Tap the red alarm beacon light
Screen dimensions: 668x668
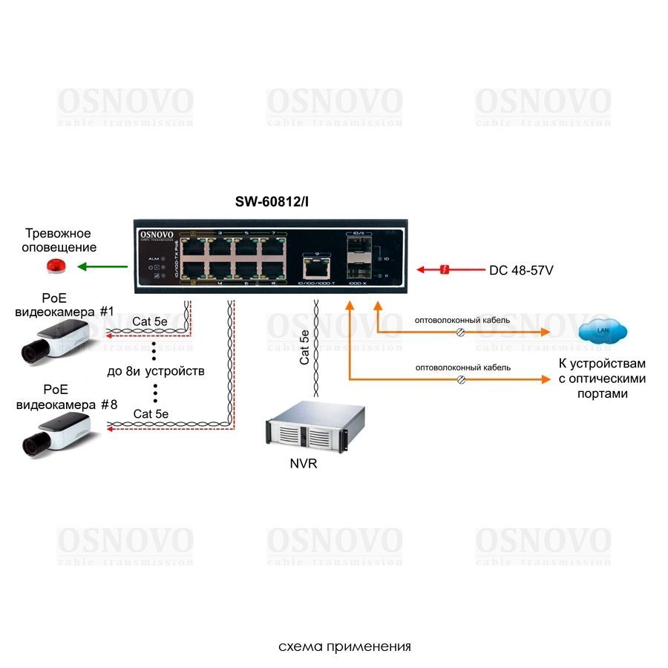coord(56,266)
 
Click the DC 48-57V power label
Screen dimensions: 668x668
coord(521,270)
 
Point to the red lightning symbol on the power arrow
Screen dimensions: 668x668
coord(444,269)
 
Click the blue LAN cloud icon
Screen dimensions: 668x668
coord(602,332)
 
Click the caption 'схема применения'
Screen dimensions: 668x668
coord(344,646)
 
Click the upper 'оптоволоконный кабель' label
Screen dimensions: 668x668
coord(462,320)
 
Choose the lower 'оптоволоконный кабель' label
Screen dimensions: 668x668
coord(462,367)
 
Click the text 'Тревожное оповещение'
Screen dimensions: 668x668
coord(61,240)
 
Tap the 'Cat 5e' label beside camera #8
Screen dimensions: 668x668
coord(151,413)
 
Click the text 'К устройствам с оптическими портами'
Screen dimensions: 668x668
coord(602,379)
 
